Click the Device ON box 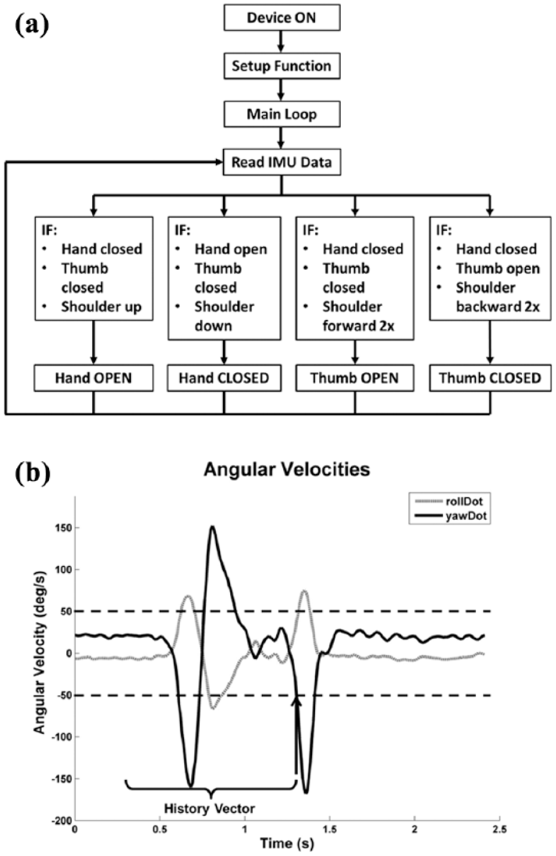click(x=282, y=17)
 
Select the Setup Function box click(x=282, y=66)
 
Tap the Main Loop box click(x=282, y=114)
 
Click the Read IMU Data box click(x=282, y=163)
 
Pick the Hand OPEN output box click(x=93, y=378)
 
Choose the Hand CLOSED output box click(x=224, y=378)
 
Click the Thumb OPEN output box click(x=355, y=378)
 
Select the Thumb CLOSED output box click(x=490, y=378)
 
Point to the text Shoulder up click(x=101, y=307)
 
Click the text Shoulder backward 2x click(x=497, y=298)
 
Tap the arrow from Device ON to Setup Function click(x=281, y=42)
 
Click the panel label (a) click(x=32, y=25)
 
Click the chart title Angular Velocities click(x=287, y=469)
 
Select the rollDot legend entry click(x=450, y=501)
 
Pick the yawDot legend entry click(x=450, y=516)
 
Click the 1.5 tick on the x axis click(x=330, y=829)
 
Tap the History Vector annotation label click(x=209, y=808)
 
